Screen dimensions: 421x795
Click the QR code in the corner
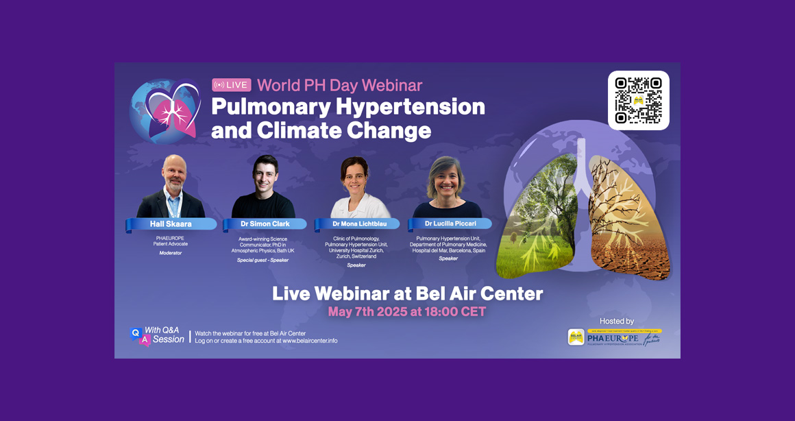[x=638, y=100]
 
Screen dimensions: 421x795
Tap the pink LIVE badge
[x=232, y=85]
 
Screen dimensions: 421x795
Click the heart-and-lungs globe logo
[x=164, y=111]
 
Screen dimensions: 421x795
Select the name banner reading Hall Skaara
[x=172, y=224]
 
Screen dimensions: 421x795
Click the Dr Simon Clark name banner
[x=265, y=224]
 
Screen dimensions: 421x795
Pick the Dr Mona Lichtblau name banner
[x=358, y=224]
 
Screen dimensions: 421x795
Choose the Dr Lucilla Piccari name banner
[x=450, y=224]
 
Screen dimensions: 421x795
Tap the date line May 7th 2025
[x=407, y=312]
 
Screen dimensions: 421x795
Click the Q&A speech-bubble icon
[x=140, y=336]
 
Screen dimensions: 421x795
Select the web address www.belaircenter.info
[x=310, y=341]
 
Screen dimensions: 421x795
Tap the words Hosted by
[x=616, y=321]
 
